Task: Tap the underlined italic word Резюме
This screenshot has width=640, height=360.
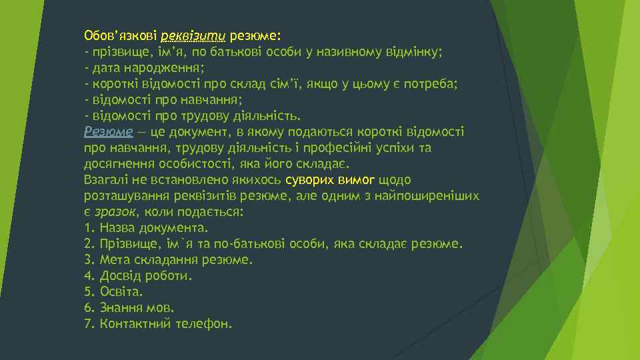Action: [109, 131]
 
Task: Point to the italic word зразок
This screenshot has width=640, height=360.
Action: [115, 212]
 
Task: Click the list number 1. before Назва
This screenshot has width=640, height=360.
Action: [89, 228]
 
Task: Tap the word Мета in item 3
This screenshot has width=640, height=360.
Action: [115, 260]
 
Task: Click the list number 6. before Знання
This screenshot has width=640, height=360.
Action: [89, 308]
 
